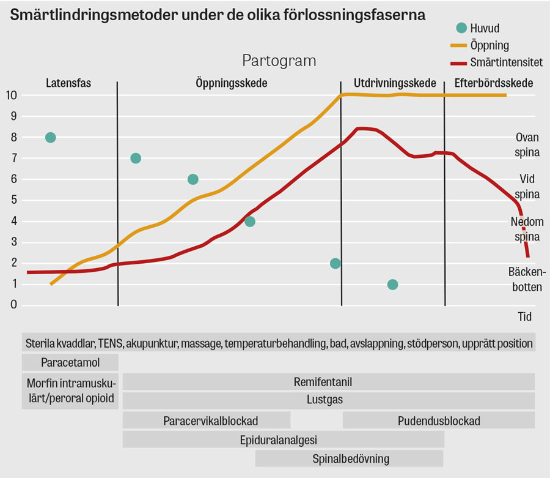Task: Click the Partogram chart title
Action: click(279, 61)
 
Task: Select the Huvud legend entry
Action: click(478, 28)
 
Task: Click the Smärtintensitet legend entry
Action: click(497, 62)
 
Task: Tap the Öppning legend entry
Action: click(480, 45)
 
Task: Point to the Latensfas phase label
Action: click(68, 83)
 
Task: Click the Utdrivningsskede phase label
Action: click(395, 83)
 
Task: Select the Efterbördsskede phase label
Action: click(494, 83)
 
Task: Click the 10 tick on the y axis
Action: click(11, 95)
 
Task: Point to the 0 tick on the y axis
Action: click(13, 305)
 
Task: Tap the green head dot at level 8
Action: click(51, 137)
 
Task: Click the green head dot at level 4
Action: click(250, 222)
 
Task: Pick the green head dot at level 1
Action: click(392, 285)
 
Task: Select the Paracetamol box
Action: click(70, 362)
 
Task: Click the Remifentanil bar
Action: click(329, 382)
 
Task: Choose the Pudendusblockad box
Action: click(439, 420)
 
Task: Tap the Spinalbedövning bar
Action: click(350, 458)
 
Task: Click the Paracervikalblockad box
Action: click(207, 420)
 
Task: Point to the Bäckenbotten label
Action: click(527, 280)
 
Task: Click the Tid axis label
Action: click(525, 317)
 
